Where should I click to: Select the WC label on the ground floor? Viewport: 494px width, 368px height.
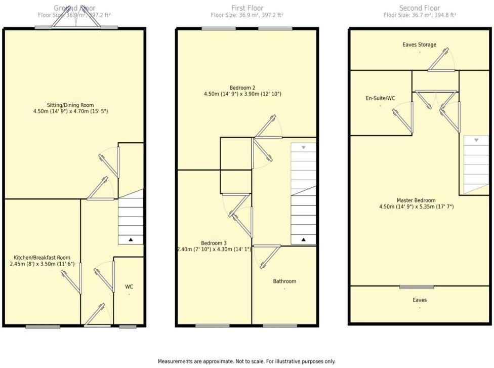[129, 287]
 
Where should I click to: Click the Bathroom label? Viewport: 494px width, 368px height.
[284, 281]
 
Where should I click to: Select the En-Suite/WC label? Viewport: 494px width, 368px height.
[380, 98]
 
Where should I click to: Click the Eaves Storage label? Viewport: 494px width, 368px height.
[419, 45]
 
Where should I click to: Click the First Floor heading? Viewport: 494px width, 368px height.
[246, 8]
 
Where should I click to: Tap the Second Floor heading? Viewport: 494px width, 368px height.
[420, 8]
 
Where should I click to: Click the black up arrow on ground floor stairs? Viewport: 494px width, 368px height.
[131, 239]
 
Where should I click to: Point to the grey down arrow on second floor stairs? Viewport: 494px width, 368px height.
[476, 140]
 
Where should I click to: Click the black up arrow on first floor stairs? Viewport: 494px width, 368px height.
[304, 239]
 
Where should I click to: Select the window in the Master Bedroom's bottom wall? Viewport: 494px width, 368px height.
[417, 287]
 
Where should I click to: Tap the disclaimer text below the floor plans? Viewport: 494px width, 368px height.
[246, 361]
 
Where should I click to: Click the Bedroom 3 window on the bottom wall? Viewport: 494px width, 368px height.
[212, 325]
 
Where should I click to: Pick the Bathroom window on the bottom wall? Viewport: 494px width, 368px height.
[280, 325]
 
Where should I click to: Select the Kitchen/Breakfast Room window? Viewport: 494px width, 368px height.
[43, 327]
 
